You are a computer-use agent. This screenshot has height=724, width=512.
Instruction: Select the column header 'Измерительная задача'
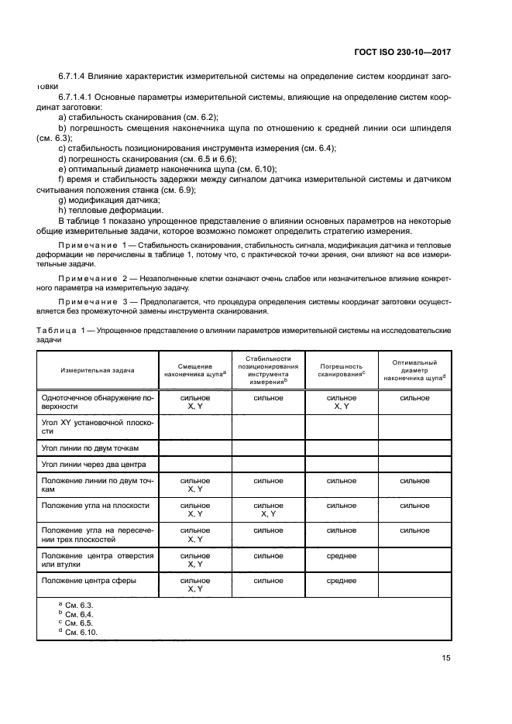point(98,370)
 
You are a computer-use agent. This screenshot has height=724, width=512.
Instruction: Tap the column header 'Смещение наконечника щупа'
point(195,370)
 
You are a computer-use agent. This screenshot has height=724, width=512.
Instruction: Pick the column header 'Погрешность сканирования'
point(341,370)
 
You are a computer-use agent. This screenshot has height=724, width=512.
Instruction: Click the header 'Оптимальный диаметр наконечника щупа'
point(414,370)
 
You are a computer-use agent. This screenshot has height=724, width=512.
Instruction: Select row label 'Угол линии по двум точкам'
point(90,448)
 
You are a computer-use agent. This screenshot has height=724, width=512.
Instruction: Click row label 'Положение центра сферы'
point(89,580)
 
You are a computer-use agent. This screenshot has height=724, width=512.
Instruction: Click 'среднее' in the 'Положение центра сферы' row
point(341,580)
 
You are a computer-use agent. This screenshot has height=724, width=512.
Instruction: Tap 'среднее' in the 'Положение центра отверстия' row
point(341,555)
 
